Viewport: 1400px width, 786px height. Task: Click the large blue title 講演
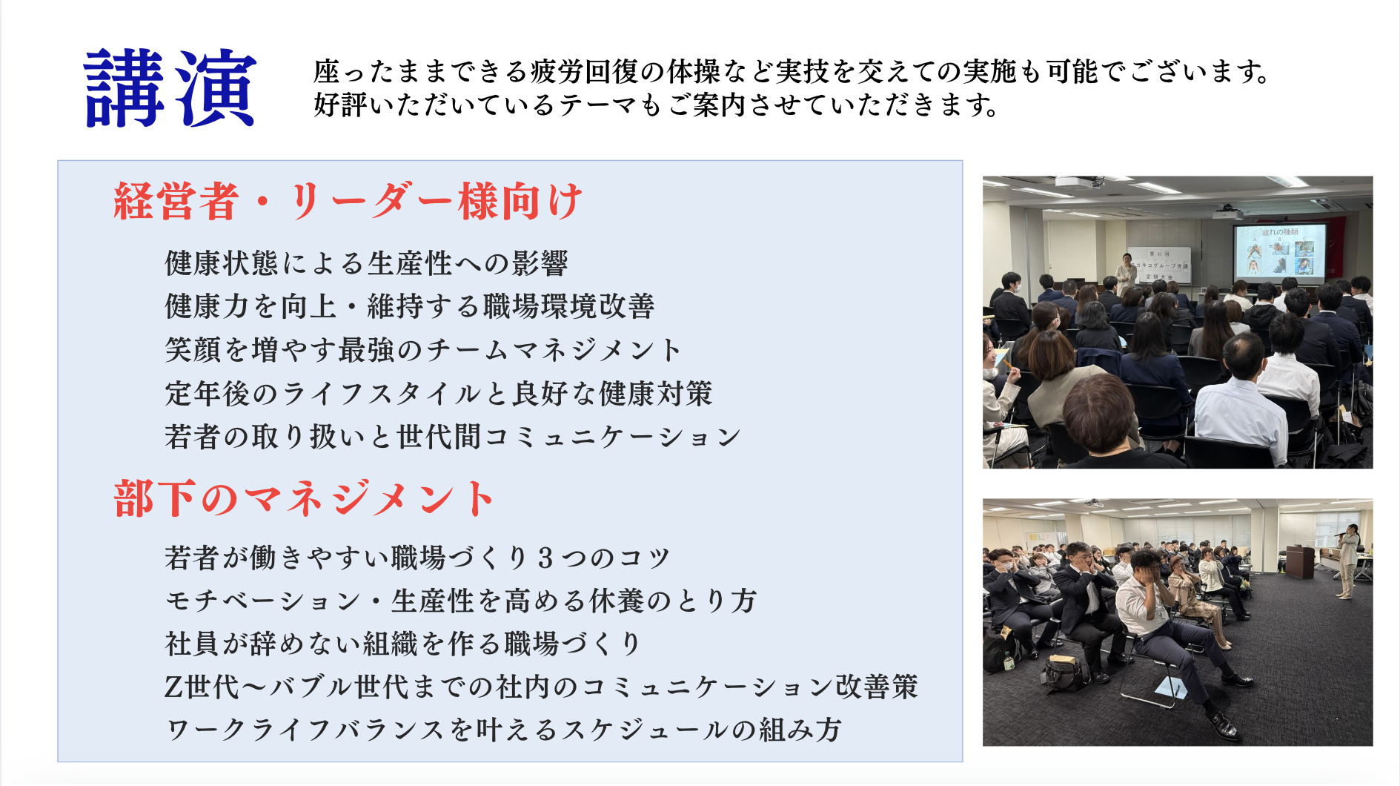point(170,88)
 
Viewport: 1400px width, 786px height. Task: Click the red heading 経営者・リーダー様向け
point(348,201)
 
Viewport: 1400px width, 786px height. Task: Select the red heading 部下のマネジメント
point(304,498)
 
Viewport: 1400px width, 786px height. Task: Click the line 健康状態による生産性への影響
point(367,263)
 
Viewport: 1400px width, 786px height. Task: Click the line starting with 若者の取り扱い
point(453,437)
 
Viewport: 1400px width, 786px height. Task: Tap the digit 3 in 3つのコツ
point(546,558)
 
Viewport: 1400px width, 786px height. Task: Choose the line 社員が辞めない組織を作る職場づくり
point(402,644)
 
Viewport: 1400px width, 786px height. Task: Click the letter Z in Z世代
point(173,687)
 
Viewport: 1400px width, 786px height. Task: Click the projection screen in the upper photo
point(1279,252)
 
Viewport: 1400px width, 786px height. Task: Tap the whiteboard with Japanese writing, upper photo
point(1159,265)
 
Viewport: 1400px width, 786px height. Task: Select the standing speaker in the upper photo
point(1126,273)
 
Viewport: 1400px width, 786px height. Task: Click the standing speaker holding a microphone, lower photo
point(1347,561)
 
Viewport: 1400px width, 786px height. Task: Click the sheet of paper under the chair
point(1171,687)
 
